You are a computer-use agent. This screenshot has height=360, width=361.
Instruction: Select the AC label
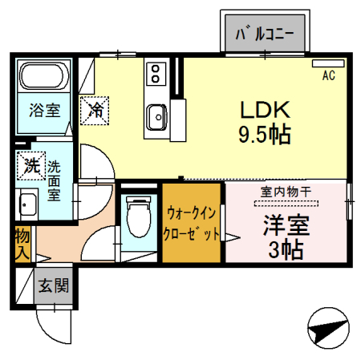(328, 76)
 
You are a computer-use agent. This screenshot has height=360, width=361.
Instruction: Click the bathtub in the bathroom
(45, 79)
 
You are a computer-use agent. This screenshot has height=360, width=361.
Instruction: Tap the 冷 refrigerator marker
(95, 109)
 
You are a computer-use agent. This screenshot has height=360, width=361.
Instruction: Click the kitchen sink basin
(156, 116)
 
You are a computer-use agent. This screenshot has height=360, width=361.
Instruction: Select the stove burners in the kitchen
(155, 75)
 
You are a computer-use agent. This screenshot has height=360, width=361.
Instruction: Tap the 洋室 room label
(285, 224)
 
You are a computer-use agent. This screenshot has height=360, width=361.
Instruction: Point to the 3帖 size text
(285, 248)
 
